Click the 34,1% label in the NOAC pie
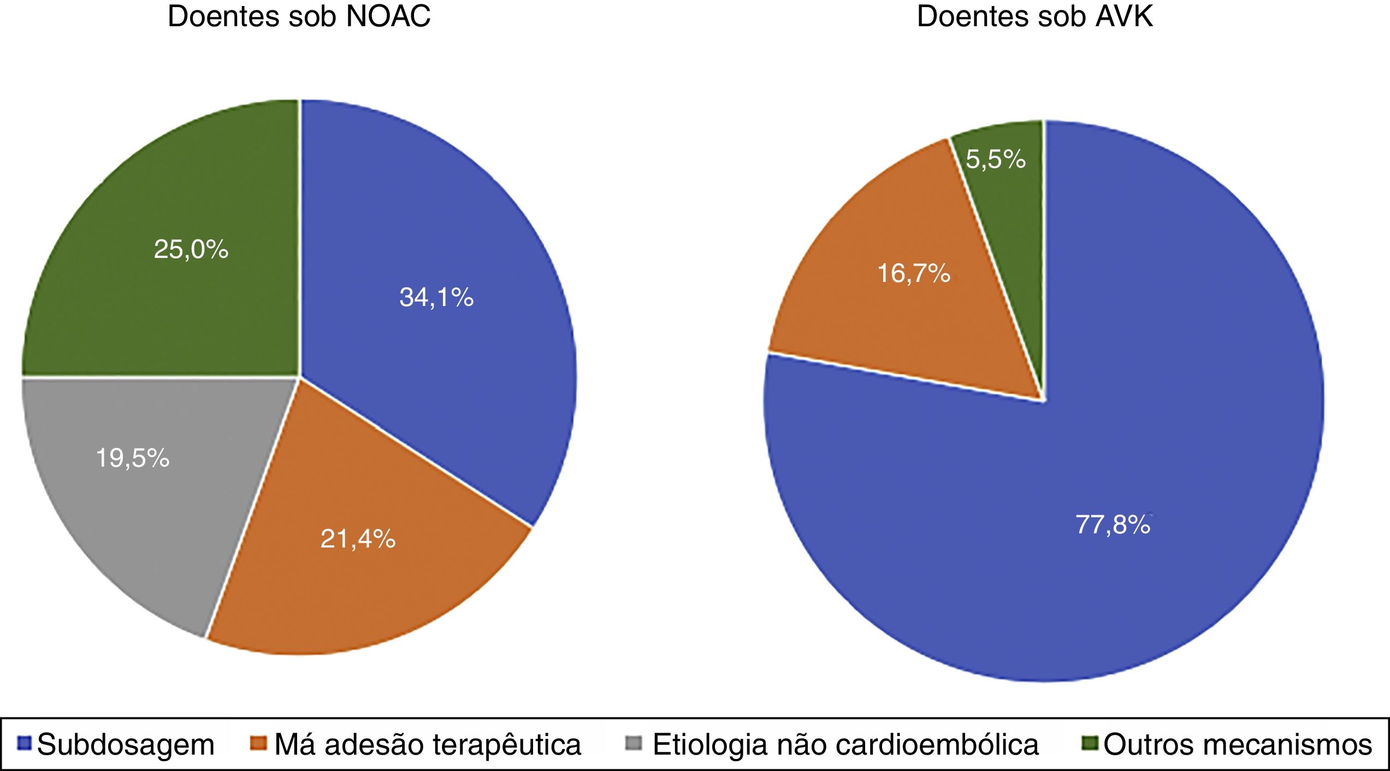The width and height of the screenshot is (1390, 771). click(436, 298)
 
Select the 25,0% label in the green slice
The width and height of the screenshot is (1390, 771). click(191, 250)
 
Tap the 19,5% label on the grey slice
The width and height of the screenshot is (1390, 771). click(132, 457)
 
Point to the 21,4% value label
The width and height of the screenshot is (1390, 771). click(358, 539)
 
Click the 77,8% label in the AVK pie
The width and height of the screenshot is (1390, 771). click(1113, 525)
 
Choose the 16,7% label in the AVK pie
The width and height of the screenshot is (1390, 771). click(914, 273)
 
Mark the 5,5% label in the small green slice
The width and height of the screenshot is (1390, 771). click(996, 159)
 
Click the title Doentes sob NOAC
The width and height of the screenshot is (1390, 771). click(299, 16)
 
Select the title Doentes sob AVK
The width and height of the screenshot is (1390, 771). click(1034, 16)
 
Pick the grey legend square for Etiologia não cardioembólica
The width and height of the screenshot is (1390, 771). click(634, 743)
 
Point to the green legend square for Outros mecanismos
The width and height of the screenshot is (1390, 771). click(1091, 743)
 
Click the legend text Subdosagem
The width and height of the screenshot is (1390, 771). click(126, 744)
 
